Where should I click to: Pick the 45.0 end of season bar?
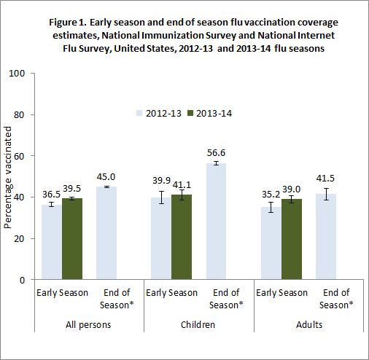(106, 233)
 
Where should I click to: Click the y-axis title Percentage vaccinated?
(8, 177)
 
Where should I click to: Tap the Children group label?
(199, 325)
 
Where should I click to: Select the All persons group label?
(89, 325)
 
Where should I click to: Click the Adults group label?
(308, 325)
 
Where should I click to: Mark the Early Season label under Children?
(171, 293)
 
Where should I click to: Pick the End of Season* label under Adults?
(335, 298)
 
